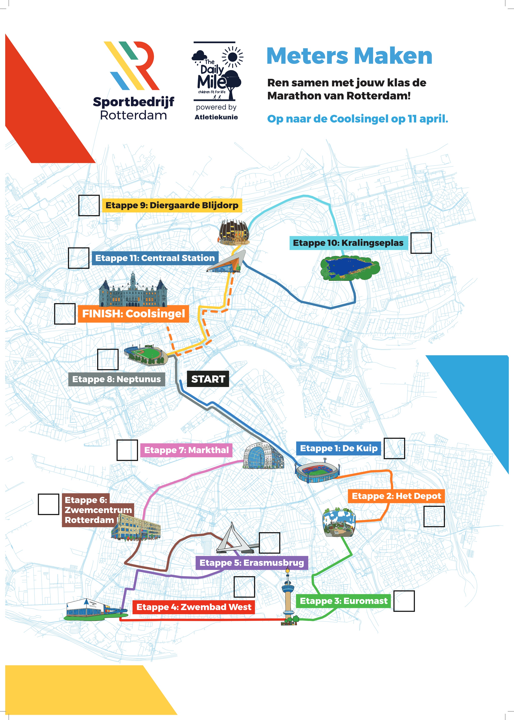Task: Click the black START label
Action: (x=208, y=379)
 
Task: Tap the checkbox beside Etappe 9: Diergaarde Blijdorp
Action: (x=89, y=206)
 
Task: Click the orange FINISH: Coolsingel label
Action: (x=133, y=314)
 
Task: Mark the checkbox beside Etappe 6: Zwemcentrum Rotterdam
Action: (x=48, y=504)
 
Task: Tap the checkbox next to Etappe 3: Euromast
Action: (x=404, y=601)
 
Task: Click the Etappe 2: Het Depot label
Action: (x=396, y=496)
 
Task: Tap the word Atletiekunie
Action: (x=216, y=117)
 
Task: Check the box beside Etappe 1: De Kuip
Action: (x=394, y=448)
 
